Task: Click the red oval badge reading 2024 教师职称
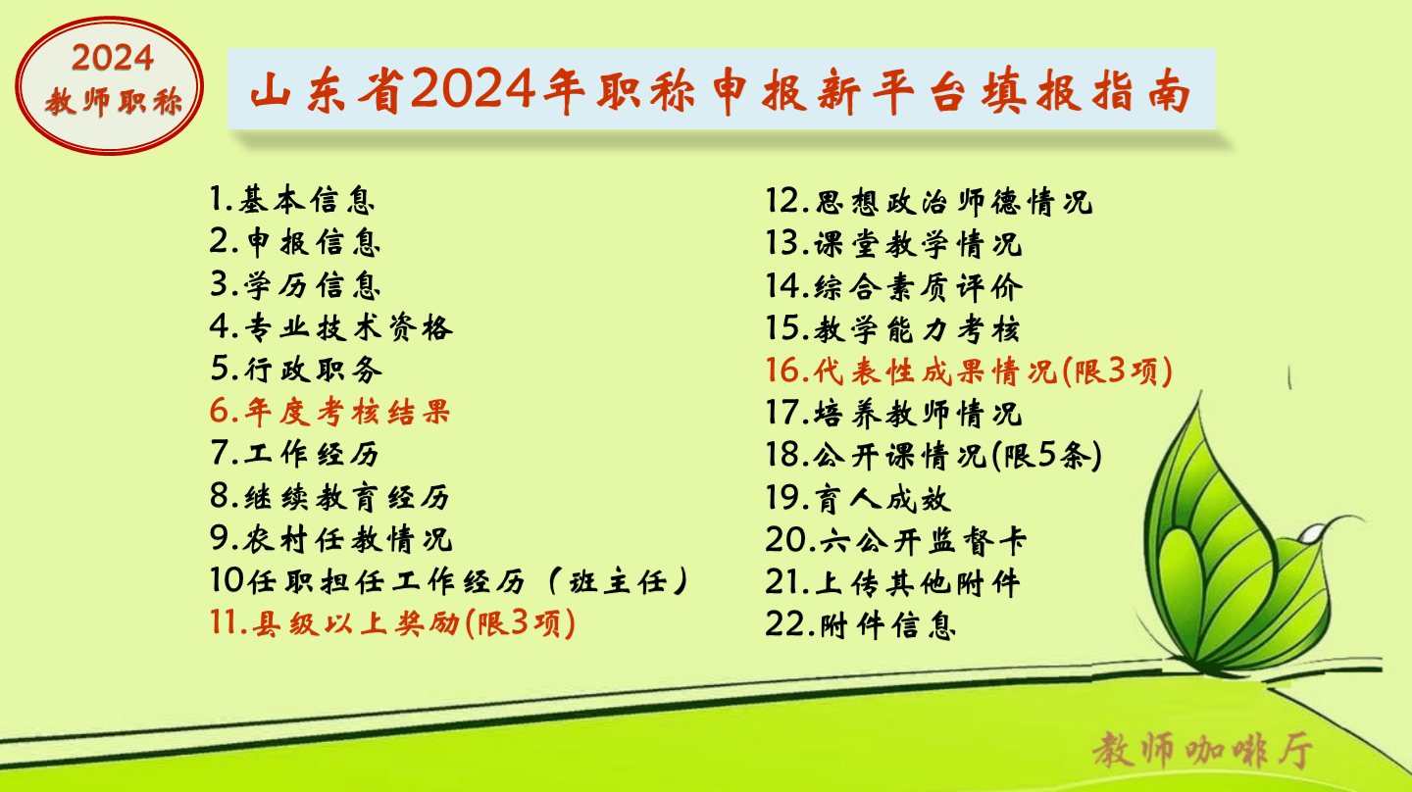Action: [110, 85]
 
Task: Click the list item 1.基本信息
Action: [292, 200]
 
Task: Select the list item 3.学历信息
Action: [295, 285]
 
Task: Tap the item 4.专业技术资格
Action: [331, 327]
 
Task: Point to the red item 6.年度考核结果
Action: [329, 412]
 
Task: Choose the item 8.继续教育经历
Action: [329, 497]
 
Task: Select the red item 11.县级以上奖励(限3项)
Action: [392, 623]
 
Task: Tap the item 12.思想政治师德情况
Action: [929, 202]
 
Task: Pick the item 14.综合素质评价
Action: [894, 286]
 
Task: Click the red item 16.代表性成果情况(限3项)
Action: [969, 371]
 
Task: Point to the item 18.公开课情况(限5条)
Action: [933, 455]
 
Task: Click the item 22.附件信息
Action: [861, 625]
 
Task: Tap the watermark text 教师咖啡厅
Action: [1203, 750]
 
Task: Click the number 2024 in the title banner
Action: [473, 89]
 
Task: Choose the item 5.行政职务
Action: [296, 370]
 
